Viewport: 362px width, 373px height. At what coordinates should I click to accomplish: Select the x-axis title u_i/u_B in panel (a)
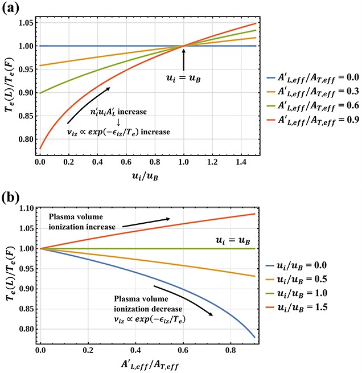(146, 177)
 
